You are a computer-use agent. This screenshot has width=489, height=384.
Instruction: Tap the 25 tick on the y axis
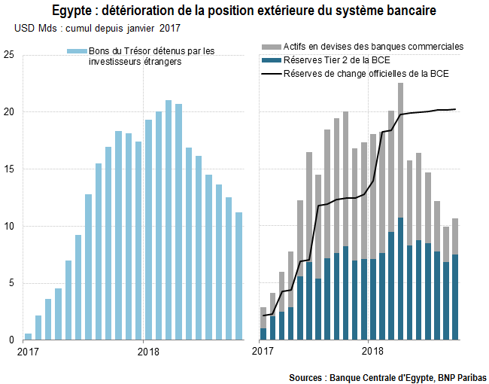[8, 55]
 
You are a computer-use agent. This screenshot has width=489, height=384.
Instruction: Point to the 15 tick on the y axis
[8, 169]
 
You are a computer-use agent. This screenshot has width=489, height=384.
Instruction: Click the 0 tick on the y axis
[11, 340]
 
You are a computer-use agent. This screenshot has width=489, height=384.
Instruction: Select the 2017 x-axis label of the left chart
[28, 352]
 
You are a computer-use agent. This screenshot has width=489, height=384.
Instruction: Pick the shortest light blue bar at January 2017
[28, 337]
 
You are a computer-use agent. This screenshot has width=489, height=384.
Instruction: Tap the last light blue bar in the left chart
[239, 276]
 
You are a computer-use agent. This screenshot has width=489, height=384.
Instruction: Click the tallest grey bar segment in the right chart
[401, 150]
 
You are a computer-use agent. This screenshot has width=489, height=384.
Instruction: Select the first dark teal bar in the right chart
[263, 334]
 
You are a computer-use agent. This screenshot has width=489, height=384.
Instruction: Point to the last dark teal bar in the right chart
[455, 297]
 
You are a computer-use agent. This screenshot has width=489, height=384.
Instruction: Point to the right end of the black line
[455, 109]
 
